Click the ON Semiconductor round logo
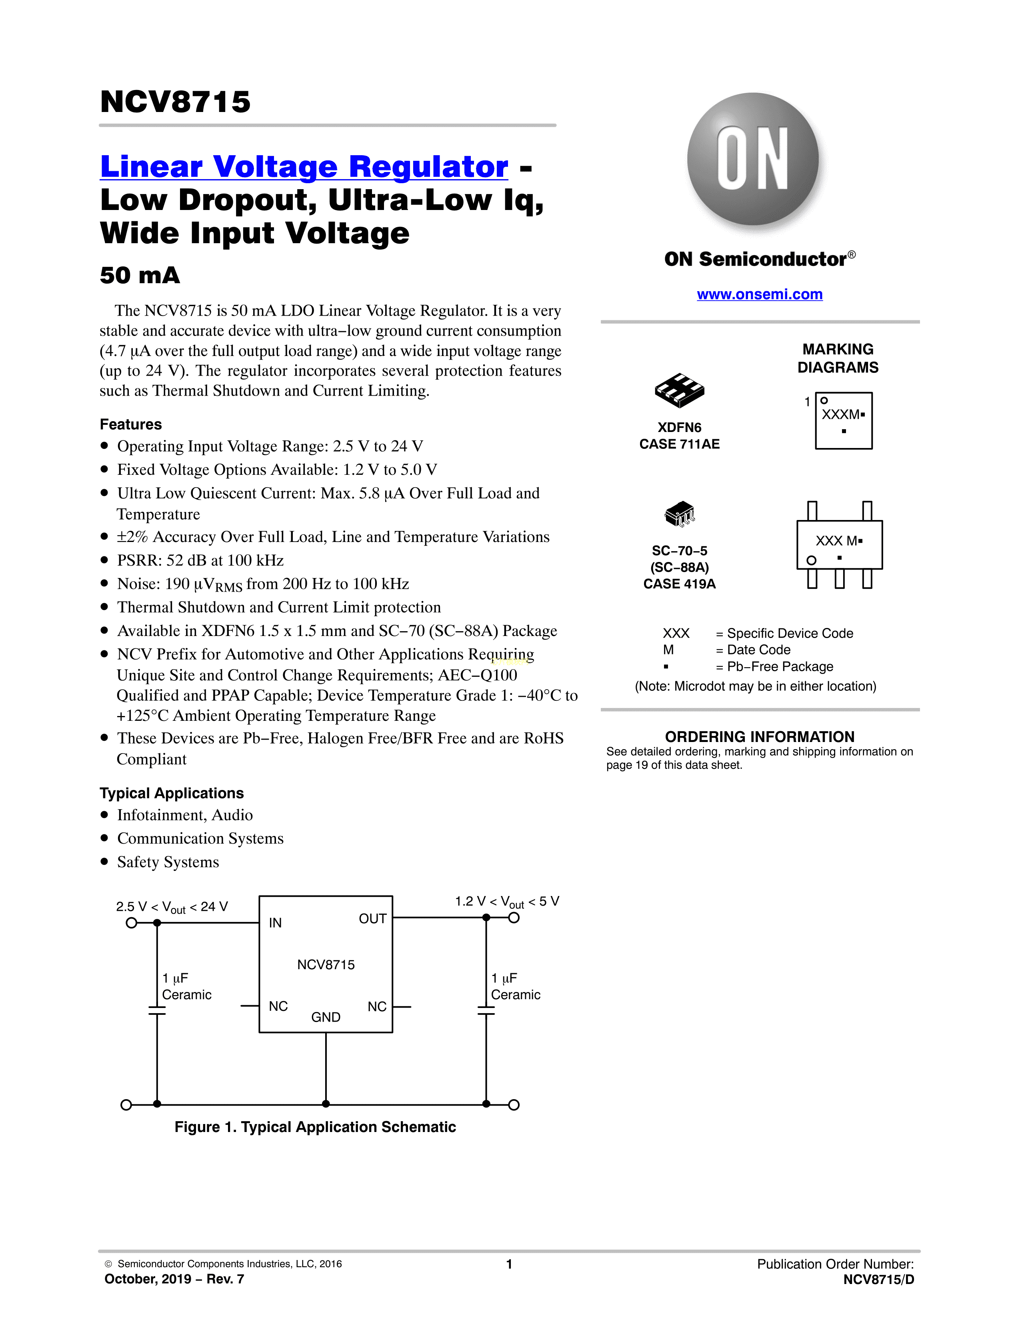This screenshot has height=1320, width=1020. [752, 159]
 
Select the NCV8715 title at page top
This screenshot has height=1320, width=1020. [175, 102]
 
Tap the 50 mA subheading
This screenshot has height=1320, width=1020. [140, 276]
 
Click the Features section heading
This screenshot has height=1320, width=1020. [130, 424]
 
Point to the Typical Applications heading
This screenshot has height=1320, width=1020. [172, 793]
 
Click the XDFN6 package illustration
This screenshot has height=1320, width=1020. [679, 390]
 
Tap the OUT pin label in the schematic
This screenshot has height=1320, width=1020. [372, 919]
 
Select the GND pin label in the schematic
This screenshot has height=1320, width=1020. [326, 1017]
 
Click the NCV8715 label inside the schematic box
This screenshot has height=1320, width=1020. [326, 965]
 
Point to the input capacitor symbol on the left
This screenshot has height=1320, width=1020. [157, 1010]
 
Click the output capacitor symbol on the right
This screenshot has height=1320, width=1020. [486, 1010]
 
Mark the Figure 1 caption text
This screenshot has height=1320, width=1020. [315, 1127]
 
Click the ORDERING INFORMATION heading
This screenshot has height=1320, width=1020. [760, 737]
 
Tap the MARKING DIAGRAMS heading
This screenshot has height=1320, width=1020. [838, 358]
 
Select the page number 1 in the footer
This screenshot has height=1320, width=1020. [509, 1264]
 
